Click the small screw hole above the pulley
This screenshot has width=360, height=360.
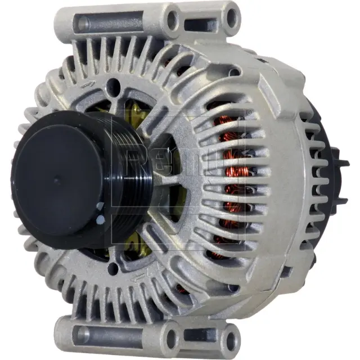tap(115, 85)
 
